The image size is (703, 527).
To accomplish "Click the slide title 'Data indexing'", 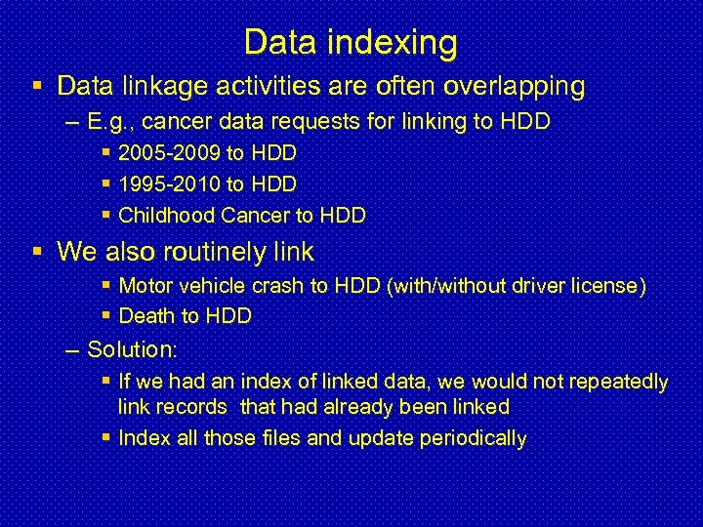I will (x=351, y=42).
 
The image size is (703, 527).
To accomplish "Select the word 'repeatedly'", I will (x=622, y=382).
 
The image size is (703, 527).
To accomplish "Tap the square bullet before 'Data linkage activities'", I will (x=37, y=86).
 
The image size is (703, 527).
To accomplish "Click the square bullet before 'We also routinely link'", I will (x=37, y=252).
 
